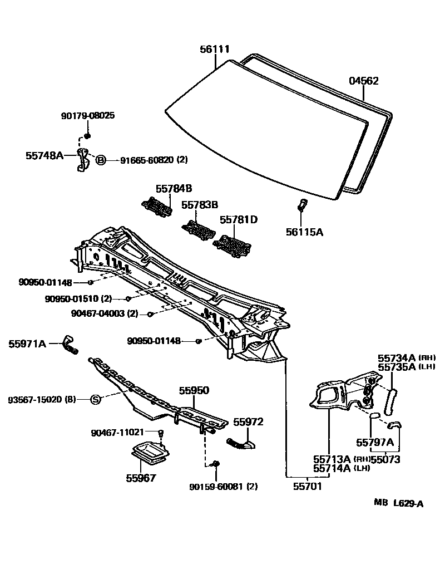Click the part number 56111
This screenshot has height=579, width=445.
click(x=215, y=50)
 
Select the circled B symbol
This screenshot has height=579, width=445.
click(x=101, y=160)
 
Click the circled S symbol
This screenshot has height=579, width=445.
click(x=95, y=399)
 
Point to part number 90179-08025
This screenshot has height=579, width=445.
click(x=87, y=116)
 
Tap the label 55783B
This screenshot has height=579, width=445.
click(x=199, y=205)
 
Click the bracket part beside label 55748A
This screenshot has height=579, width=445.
click(x=83, y=160)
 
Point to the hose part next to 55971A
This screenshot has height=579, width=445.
click(x=70, y=345)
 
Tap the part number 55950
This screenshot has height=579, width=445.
click(x=194, y=391)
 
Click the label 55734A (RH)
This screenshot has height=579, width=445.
click(x=398, y=357)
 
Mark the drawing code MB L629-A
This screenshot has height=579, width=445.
click(x=398, y=504)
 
